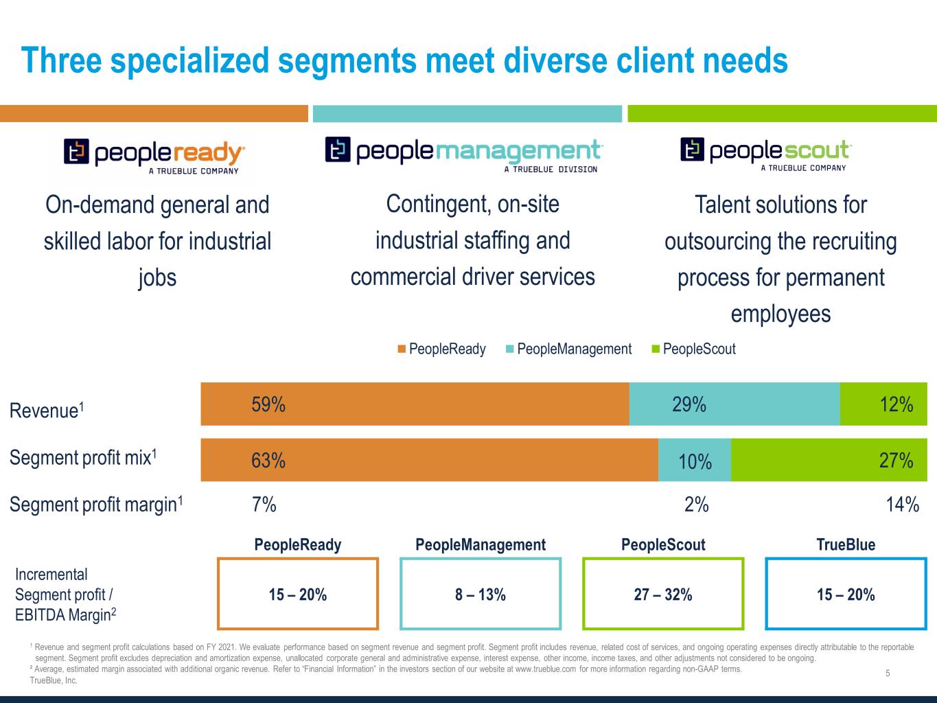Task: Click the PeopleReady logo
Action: pyautogui.click(x=154, y=156)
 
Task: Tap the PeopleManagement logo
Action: pyautogui.click(x=464, y=154)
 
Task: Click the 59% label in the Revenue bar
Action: pyautogui.click(x=268, y=405)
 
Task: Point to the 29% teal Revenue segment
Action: pyautogui.click(x=734, y=404)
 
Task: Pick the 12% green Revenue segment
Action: pyautogui.click(x=883, y=404)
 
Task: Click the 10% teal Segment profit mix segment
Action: pyautogui.click(x=695, y=461)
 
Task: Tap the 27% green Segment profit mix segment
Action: pyautogui.click(x=829, y=460)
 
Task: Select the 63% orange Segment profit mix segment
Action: pyautogui.click(x=429, y=460)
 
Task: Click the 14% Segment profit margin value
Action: pyautogui.click(x=902, y=505)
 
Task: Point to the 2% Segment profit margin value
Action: pyautogui.click(x=696, y=505)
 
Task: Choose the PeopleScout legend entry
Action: pyautogui.click(x=693, y=349)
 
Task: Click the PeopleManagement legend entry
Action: pyautogui.click(x=568, y=349)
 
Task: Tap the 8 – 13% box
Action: pyautogui.click(x=481, y=595)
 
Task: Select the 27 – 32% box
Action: pyautogui.click(x=663, y=595)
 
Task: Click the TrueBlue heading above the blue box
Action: pyautogui.click(x=846, y=545)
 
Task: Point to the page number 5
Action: pyautogui.click(x=888, y=673)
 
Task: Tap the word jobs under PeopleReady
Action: pyautogui.click(x=157, y=278)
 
